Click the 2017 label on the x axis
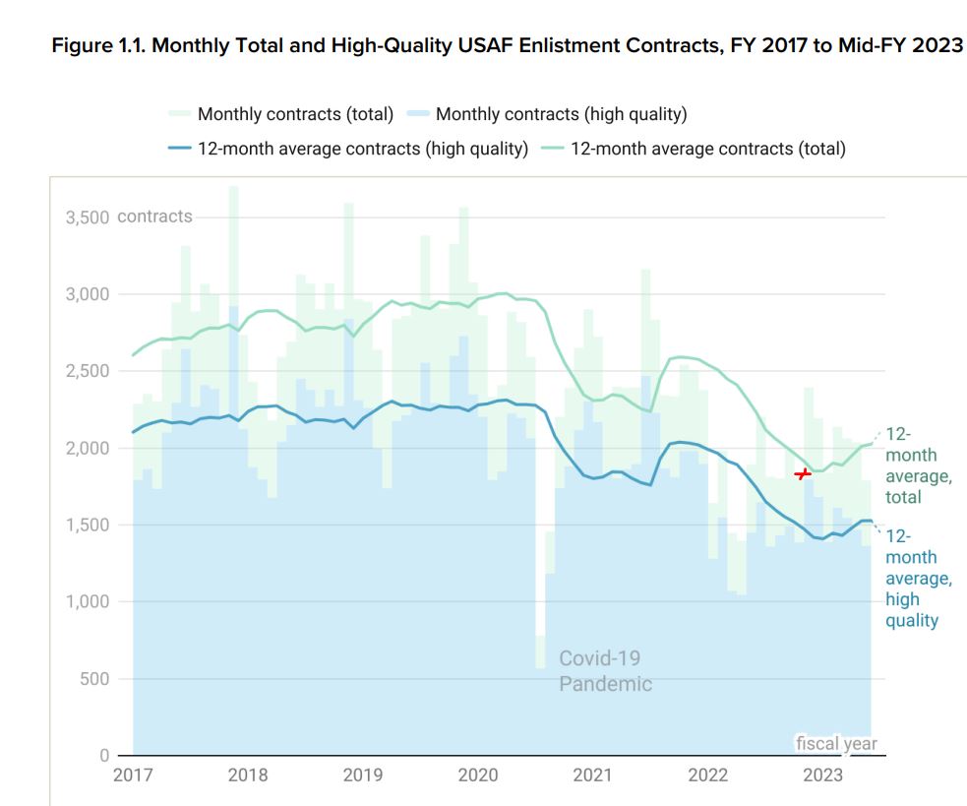133,775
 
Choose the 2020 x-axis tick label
478,775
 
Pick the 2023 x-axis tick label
823,775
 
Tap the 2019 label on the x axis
363,775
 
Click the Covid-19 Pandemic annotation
605,670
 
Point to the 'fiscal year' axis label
836,744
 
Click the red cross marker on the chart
803,474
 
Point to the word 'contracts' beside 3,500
154,217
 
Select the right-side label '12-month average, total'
917,465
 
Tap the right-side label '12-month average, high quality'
918,578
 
